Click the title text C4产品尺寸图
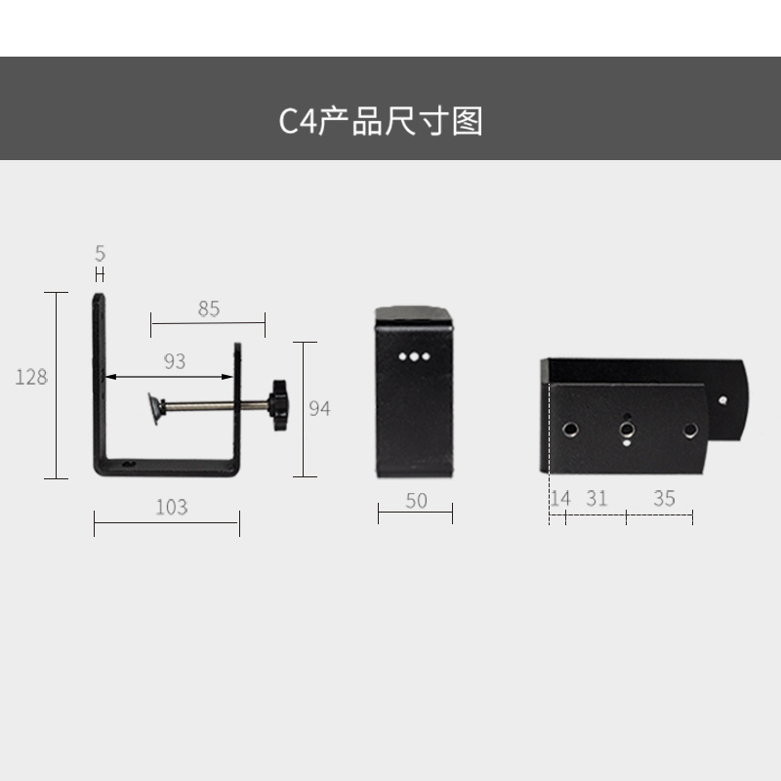pyautogui.click(x=381, y=121)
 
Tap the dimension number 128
pyautogui.click(x=31, y=377)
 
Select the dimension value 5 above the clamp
pyautogui.click(x=100, y=254)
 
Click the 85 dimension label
pyautogui.click(x=209, y=309)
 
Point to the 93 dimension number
pyautogui.click(x=174, y=362)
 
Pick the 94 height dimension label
pyautogui.click(x=319, y=408)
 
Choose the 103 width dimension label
pyautogui.click(x=171, y=508)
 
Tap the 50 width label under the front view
pyautogui.click(x=416, y=501)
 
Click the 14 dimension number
pyautogui.click(x=559, y=499)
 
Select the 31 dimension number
pyautogui.click(x=596, y=499)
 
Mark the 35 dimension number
pyautogui.click(x=664, y=499)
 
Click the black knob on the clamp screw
pyautogui.click(x=280, y=406)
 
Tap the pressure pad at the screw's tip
pyautogui.click(x=154, y=408)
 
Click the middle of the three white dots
pyautogui.click(x=415, y=357)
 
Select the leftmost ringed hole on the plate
pyautogui.click(x=567, y=430)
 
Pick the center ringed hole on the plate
pyautogui.click(x=626, y=430)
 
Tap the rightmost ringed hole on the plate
pyautogui.click(x=691, y=430)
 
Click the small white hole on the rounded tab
pyautogui.click(x=723, y=398)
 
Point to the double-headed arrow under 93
pyautogui.click(x=171, y=376)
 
